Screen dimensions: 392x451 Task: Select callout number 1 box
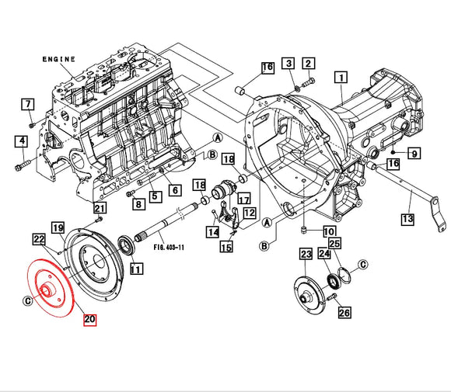point(340,77)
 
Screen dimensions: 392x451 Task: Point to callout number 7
point(28,104)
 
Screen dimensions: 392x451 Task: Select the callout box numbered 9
point(414,154)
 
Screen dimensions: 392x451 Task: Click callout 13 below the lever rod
point(407,220)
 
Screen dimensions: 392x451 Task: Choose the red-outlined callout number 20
point(89,319)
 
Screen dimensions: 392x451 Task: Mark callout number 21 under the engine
point(100,207)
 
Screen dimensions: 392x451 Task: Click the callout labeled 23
point(306,254)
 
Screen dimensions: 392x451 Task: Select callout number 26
point(344,313)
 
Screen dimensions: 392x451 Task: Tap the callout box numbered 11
point(136,269)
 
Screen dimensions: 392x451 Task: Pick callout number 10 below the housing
point(329,231)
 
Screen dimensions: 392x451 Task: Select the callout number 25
point(344,244)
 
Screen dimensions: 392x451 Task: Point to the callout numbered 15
point(226,247)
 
